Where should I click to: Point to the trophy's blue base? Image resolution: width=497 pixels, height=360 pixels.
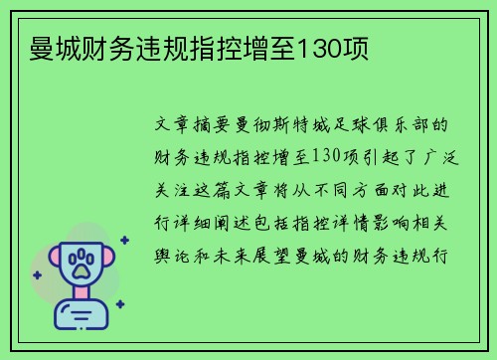pyautogui.click(x=81, y=316)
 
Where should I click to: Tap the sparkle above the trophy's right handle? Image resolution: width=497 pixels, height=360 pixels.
pyautogui.click(x=123, y=240)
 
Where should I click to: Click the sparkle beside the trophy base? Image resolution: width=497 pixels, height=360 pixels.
pyautogui.click(x=119, y=304)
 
